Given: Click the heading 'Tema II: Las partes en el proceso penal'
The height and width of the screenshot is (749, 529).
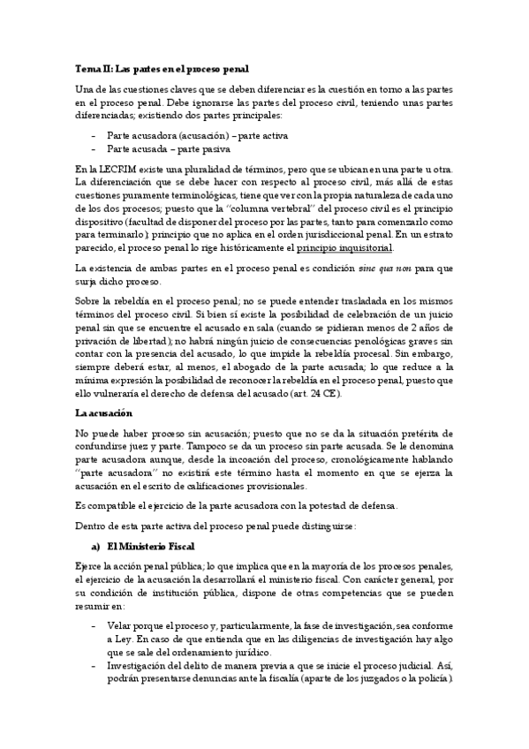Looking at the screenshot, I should coord(162,67).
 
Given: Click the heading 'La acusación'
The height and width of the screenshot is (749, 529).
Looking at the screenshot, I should coord(103,412).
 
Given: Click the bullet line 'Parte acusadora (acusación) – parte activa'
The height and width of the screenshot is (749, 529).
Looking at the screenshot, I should coord(197,136).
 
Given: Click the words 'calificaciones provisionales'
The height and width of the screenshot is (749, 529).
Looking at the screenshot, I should coord(249,486).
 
